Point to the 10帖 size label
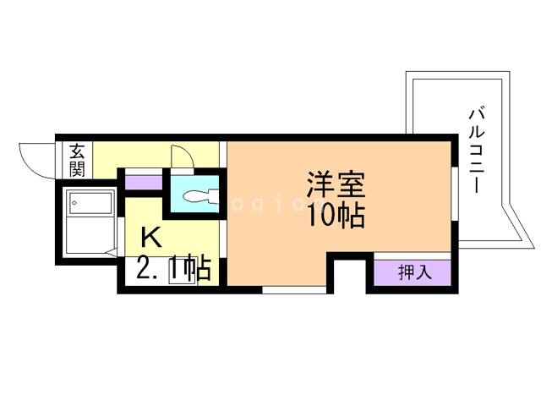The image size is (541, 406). point(336,216)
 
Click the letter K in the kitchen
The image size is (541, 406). point(150,236)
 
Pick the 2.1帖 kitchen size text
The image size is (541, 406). point(173,270)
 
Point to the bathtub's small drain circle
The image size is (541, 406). point(74,203)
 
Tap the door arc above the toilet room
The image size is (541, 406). point(181,157)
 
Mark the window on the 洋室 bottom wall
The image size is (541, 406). point(293,290)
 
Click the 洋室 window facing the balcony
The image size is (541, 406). point(454,194)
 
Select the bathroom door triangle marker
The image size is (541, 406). point(109,251)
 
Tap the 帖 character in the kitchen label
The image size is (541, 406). point(199,270)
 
